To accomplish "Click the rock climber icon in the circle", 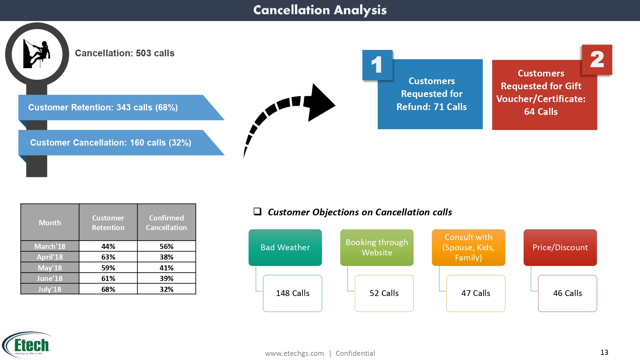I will pyautogui.click(x=37, y=54).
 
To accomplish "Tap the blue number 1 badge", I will pyautogui.click(x=377, y=65).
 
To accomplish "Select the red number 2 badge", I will pyautogui.click(x=597, y=60).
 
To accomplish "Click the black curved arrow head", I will pyautogui.click(x=318, y=103).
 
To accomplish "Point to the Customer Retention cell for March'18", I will pyautogui.click(x=108, y=246).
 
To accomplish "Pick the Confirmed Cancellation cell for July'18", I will pyautogui.click(x=166, y=289).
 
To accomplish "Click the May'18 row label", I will pyautogui.click(x=50, y=268).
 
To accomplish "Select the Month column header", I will pyautogui.click(x=50, y=223).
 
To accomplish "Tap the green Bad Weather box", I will pyautogui.click(x=285, y=247).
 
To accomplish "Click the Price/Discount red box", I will pyautogui.click(x=560, y=247).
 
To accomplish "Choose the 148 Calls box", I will pyautogui.click(x=292, y=293).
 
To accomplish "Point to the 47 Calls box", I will pyautogui.click(x=476, y=293).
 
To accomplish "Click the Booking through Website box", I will pyautogui.click(x=377, y=247).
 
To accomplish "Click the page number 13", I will pyautogui.click(x=604, y=352).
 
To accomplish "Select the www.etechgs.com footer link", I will pyautogui.click(x=294, y=353).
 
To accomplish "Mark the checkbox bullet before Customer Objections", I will pyautogui.click(x=257, y=212).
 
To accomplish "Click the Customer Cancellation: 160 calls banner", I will pyautogui.click(x=111, y=143).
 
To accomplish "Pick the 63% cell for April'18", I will pyautogui.click(x=108, y=257).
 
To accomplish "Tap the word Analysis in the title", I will pyautogui.click(x=360, y=10).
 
